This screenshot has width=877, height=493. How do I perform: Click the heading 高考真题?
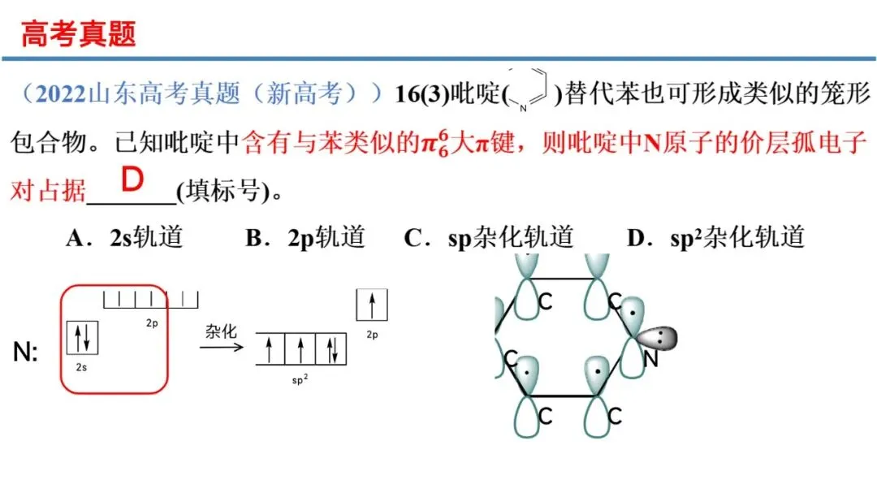78,34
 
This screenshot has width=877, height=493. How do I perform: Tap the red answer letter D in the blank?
132,181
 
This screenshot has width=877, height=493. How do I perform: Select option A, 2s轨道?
125,237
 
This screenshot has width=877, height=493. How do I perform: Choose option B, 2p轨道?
305,237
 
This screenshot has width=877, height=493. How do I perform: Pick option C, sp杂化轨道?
488,237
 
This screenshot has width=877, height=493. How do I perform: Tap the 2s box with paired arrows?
83,337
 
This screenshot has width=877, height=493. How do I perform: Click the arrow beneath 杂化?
221,347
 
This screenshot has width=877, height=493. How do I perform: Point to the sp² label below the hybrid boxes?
300,379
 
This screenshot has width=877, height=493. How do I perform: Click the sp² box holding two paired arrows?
332,349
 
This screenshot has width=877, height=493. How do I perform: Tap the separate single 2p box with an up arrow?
372,305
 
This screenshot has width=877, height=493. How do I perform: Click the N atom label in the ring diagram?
650,357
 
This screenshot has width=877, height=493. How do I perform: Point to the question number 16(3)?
421,94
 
